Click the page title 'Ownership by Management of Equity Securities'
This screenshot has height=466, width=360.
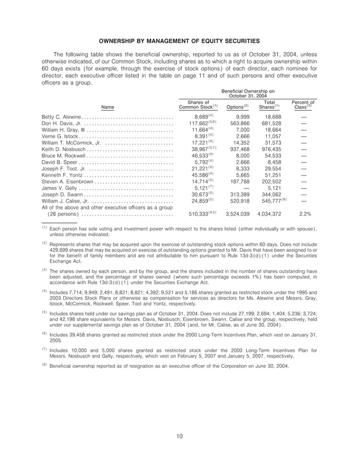coord(179,41)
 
